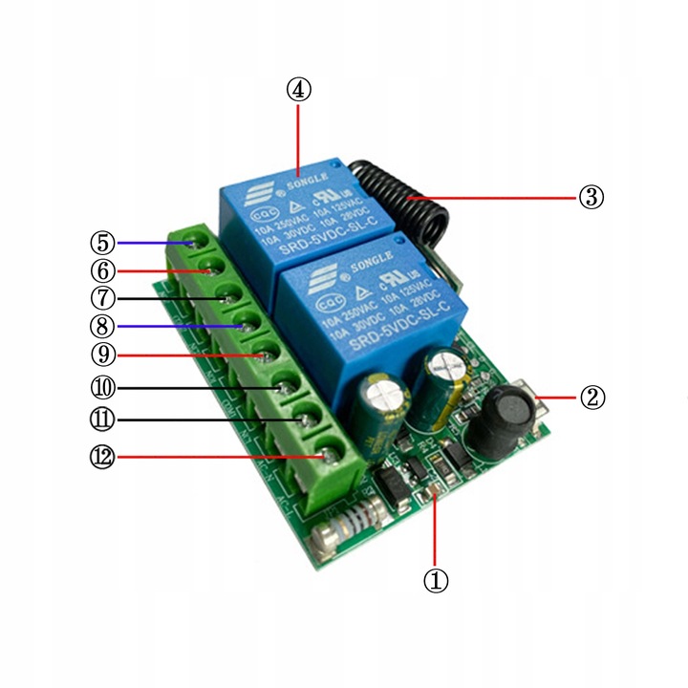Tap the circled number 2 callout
594,397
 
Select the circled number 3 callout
591,198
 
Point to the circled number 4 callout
299,90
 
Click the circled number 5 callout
103,242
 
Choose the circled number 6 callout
103,270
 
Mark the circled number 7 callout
103,298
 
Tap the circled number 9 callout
103,355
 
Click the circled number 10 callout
103,388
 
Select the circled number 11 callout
103,419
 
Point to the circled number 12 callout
103,458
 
